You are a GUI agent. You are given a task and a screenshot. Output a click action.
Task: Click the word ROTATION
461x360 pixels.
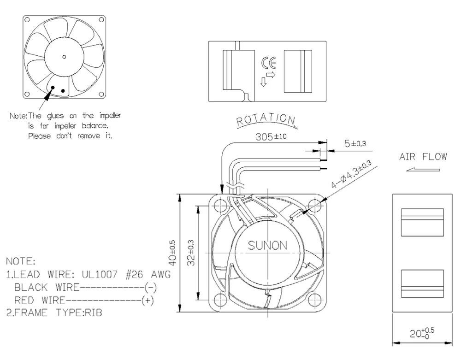pyautogui.click(x=266, y=119)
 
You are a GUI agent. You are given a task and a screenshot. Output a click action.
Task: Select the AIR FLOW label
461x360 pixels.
pyautogui.click(x=422, y=157)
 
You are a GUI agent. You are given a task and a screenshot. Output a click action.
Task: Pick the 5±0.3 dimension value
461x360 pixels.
pyautogui.click(x=355, y=143)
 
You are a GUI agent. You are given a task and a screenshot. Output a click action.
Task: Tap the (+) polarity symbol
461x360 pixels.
pyautogui.click(x=148, y=300)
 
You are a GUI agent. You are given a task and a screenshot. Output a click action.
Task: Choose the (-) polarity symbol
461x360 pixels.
pyautogui.click(x=151, y=287)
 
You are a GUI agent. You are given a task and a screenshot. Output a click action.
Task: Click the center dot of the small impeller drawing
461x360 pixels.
pyautogui.click(x=64, y=57)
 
